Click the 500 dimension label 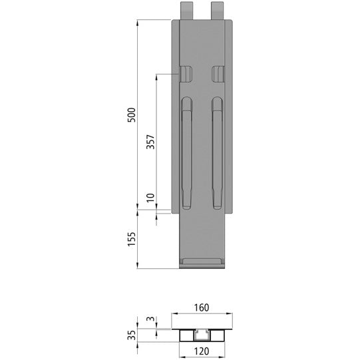(x=132, y=114)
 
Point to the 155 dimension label (x=132, y=239)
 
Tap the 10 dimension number (x=150, y=198)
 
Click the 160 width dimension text (x=202, y=308)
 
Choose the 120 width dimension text (x=202, y=348)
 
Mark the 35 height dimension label (x=132, y=334)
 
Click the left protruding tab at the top (x=186, y=10)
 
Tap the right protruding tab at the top (x=218, y=10)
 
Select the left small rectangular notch (x=186, y=73)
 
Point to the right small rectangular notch (x=218, y=73)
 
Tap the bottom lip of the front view (x=202, y=262)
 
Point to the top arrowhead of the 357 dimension (x=157, y=75)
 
